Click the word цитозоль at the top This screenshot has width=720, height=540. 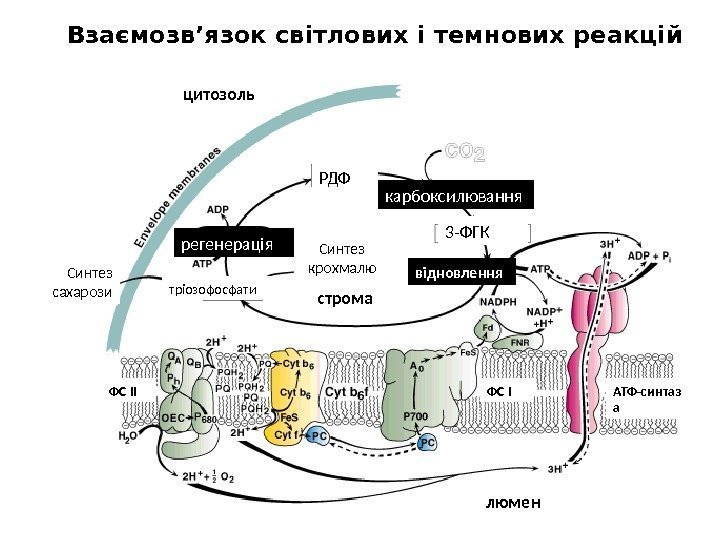[218, 95]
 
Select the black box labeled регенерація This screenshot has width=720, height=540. [225, 243]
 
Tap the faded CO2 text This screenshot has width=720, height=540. [465, 154]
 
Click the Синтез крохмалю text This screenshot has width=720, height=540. [342, 259]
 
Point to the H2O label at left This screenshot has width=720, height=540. [128, 436]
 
